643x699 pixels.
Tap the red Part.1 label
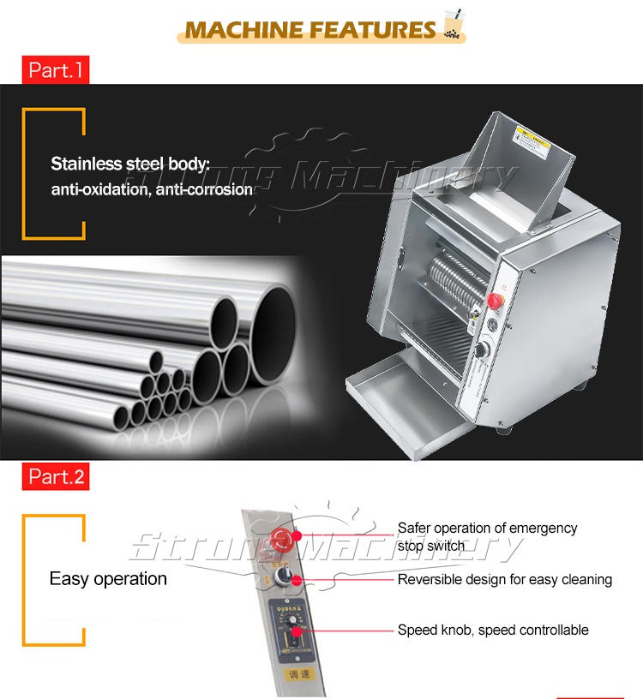55,69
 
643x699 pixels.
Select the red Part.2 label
57,476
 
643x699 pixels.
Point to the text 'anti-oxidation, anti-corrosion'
152,189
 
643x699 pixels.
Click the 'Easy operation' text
108,579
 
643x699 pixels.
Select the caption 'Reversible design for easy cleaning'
504,580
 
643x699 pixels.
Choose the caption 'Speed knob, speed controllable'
493,630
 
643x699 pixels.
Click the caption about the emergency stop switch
487,537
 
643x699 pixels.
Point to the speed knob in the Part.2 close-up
297,633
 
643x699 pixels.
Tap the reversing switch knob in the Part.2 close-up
296,581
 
